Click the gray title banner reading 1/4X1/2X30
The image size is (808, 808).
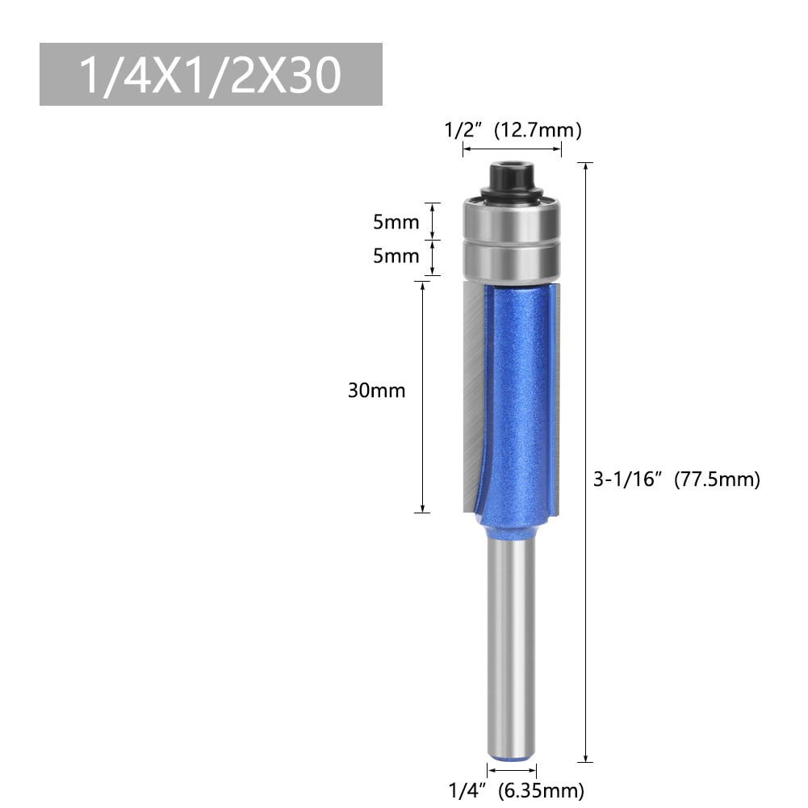(x=211, y=74)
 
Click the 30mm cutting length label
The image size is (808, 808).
(x=376, y=391)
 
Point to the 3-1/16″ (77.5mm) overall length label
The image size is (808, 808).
(x=676, y=479)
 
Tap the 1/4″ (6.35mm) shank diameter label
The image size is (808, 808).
(x=517, y=790)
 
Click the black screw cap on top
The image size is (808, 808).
(x=511, y=174)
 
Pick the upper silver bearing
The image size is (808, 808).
(x=511, y=220)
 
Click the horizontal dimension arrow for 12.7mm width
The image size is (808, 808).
(x=511, y=149)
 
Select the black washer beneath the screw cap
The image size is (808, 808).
(x=511, y=194)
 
